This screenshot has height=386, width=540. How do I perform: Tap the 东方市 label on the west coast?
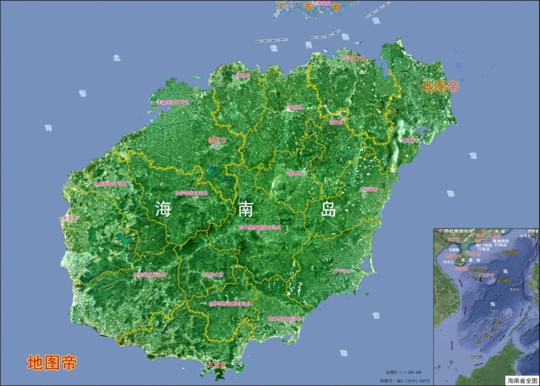pyautogui.click(x=69, y=218)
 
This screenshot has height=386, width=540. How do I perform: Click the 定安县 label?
pyautogui.click(x=336, y=122)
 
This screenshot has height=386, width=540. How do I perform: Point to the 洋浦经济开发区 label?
pyautogui.click(x=173, y=101)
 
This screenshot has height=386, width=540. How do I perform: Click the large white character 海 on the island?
pyautogui.click(x=163, y=208)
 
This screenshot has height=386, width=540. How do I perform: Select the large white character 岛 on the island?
pyautogui.click(x=328, y=208)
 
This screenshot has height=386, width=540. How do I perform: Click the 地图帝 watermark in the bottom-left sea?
pyautogui.click(x=52, y=362)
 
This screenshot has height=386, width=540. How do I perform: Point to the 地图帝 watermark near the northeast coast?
pyautogui.click(x=441, y=86)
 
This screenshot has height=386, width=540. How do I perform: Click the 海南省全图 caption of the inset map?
pyautogui.click(x=521, y=380)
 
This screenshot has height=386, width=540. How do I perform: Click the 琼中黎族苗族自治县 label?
pyautogui.click(x=261, y=228)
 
